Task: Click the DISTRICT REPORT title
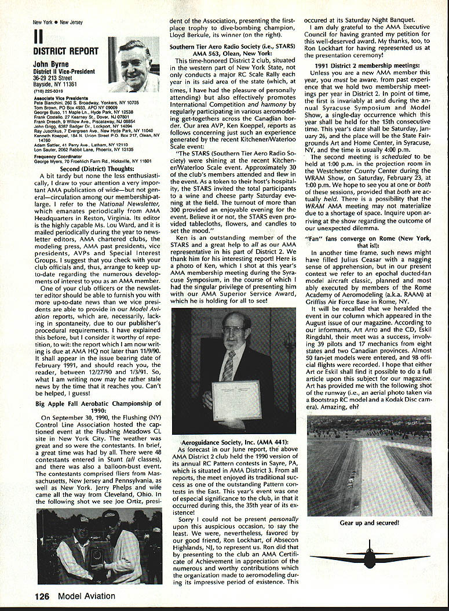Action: point(65,52)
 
